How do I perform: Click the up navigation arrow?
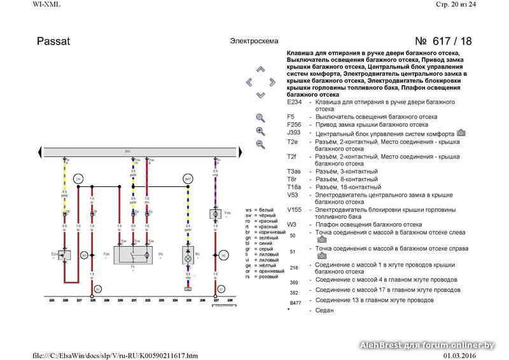point(260,69)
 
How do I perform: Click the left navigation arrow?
point(249,82)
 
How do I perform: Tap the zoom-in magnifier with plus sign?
point(260,131)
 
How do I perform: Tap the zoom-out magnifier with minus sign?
point(260,144)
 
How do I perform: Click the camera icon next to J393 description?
point(461,133)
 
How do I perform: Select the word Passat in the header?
point(54,42)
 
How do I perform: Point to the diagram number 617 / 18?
point(443,42)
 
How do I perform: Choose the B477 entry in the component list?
point(295,303)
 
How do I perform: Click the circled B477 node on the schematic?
point(188,179)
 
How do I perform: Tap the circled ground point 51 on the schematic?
point(221,289)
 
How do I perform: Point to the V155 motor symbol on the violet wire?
point(215,214)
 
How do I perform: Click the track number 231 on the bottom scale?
point(134,300)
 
